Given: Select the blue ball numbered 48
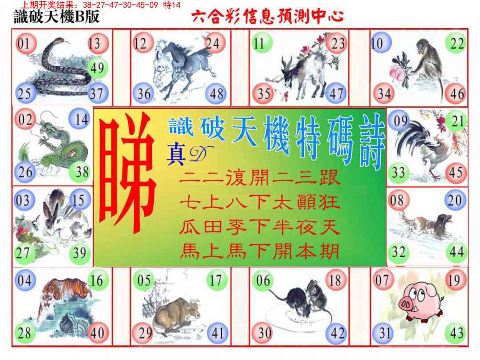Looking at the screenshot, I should (216, 94).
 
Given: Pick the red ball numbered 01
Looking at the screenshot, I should (25, 44).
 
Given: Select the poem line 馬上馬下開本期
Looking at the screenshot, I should (260, 252).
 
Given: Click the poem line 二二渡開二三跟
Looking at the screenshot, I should (260, 179).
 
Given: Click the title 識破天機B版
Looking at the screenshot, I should (56, 17).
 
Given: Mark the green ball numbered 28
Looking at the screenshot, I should (25, 333).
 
